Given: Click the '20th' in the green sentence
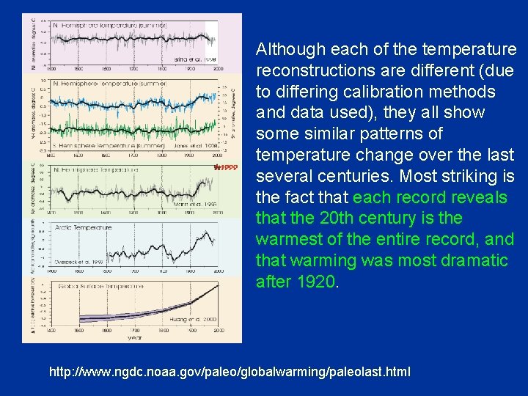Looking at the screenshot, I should pyautogui.click(x=327, y=219).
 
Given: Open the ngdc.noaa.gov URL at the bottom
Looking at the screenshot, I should pyautogui.click(x=230, y=373).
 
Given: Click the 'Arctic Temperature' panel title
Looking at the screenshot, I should pyautogui.click(x=83, y=227).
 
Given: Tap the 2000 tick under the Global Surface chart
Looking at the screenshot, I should pyautogui.click(x=218, y=332).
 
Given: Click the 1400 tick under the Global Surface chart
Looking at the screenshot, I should pyautogui.click(x=50, y=332).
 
